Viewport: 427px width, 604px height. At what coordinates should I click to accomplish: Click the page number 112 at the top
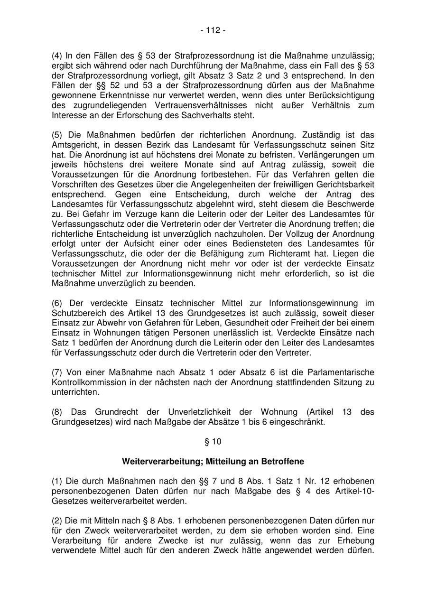pos(213,30)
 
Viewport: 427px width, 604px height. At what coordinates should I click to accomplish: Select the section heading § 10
pos(213,442)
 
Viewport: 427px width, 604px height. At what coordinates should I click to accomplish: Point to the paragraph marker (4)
pos(57,56)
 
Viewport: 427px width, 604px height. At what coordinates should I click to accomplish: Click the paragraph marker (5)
pos(57,135)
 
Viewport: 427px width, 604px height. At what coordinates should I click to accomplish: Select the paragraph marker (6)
pos(57,303)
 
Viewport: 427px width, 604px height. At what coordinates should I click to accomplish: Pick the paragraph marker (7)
pos(57,372)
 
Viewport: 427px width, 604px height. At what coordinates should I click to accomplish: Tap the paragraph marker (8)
pos(57,412)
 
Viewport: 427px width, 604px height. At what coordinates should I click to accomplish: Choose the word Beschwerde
pos(352,204)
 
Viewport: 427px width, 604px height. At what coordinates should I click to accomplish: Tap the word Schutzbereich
pos(77,313)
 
